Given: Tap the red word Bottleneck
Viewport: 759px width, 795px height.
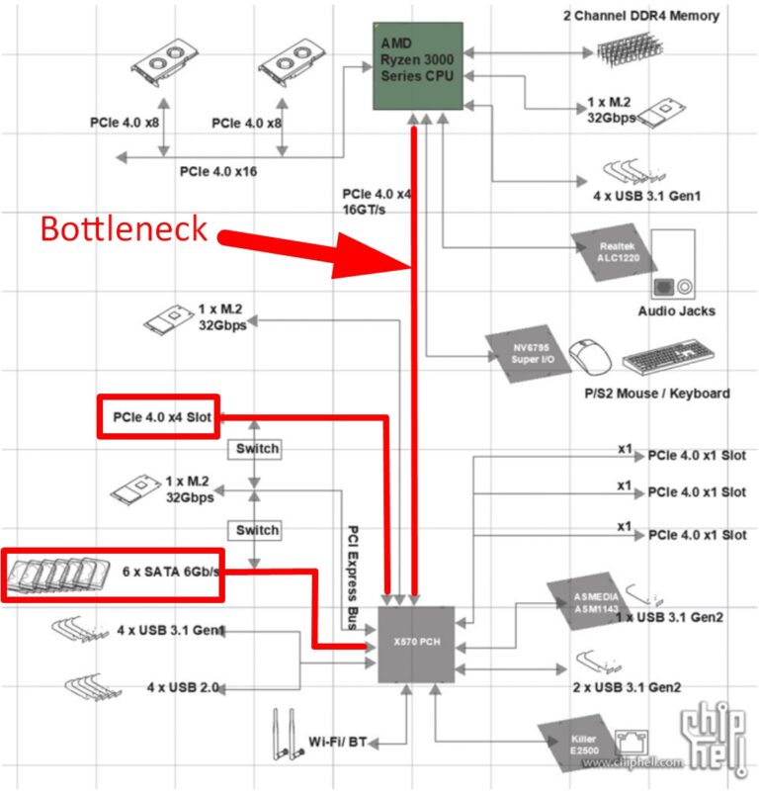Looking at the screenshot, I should click(124, 229).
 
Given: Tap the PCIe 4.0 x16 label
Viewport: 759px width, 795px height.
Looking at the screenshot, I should click(218, 170).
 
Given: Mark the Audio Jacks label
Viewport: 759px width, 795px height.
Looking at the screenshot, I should click(676, 311).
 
